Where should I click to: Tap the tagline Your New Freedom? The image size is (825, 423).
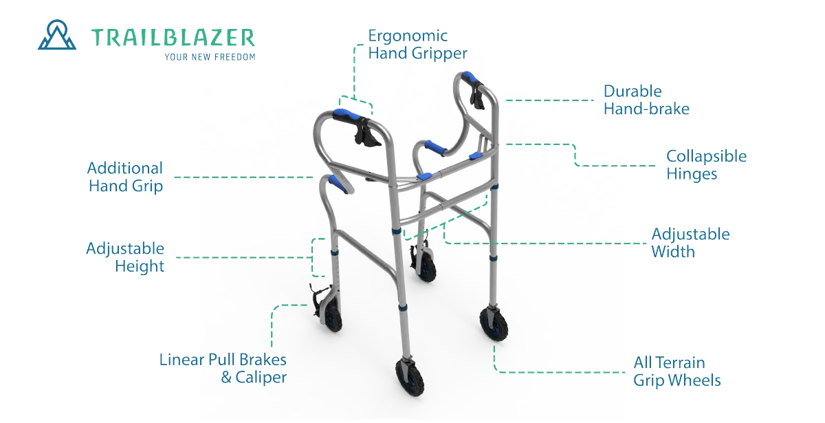click(x=211, y=56)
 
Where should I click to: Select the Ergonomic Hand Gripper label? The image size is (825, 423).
click(x=417, y=44)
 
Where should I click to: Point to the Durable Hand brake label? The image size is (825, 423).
click(x=646, y=100)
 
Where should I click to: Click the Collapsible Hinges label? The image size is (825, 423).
click(x=706, y=165)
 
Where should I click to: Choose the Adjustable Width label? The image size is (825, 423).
click(x=690, y=242)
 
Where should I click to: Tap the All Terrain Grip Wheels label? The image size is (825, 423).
click(x=676, y=371)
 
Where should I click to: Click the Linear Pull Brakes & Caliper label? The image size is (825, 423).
click(x=223, y=368)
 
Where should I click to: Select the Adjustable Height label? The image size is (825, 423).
click(x=125, y=257)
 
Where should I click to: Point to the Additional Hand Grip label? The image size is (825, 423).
click(x=125, y=177)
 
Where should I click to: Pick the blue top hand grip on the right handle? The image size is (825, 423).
click(x=473, y=76)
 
